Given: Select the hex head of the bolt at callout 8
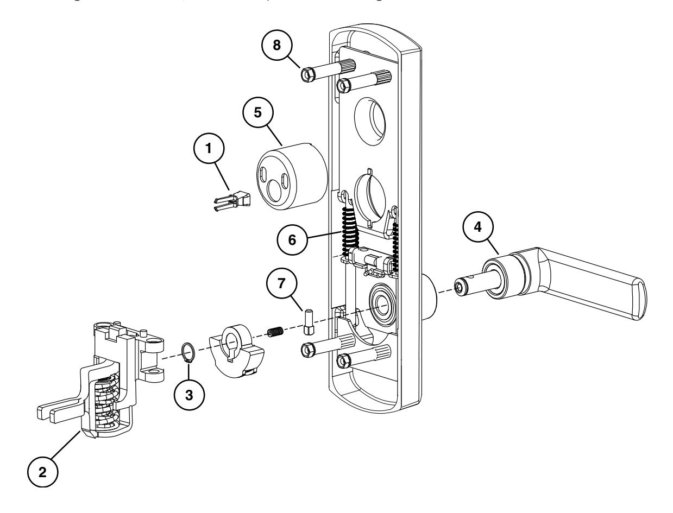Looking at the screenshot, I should (306, 73).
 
